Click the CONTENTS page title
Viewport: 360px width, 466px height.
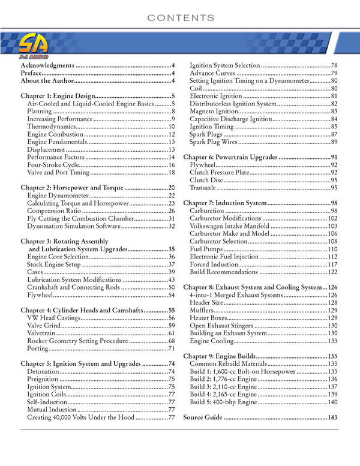pyautogui.click(x=180, y=18)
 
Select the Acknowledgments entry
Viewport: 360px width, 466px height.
pyautogui.click(x=48, y=65)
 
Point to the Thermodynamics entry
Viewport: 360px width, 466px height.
pyautogui.click(x=51, y=127)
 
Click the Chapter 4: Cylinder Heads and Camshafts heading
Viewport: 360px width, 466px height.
pyautogui.click(x=85, y=311)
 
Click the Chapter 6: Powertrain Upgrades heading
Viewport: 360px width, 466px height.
pyautogui.click(x=230, y=157)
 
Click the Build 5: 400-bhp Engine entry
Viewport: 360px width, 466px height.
pyautogui.click(x=223, y=402)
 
